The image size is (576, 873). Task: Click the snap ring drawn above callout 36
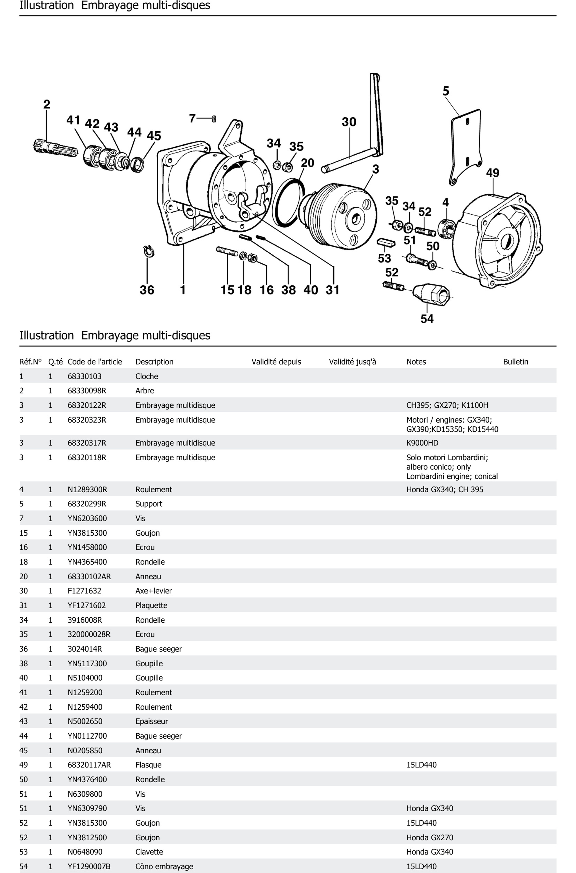pos(148,252)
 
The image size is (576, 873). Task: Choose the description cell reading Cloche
pos(147,376)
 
